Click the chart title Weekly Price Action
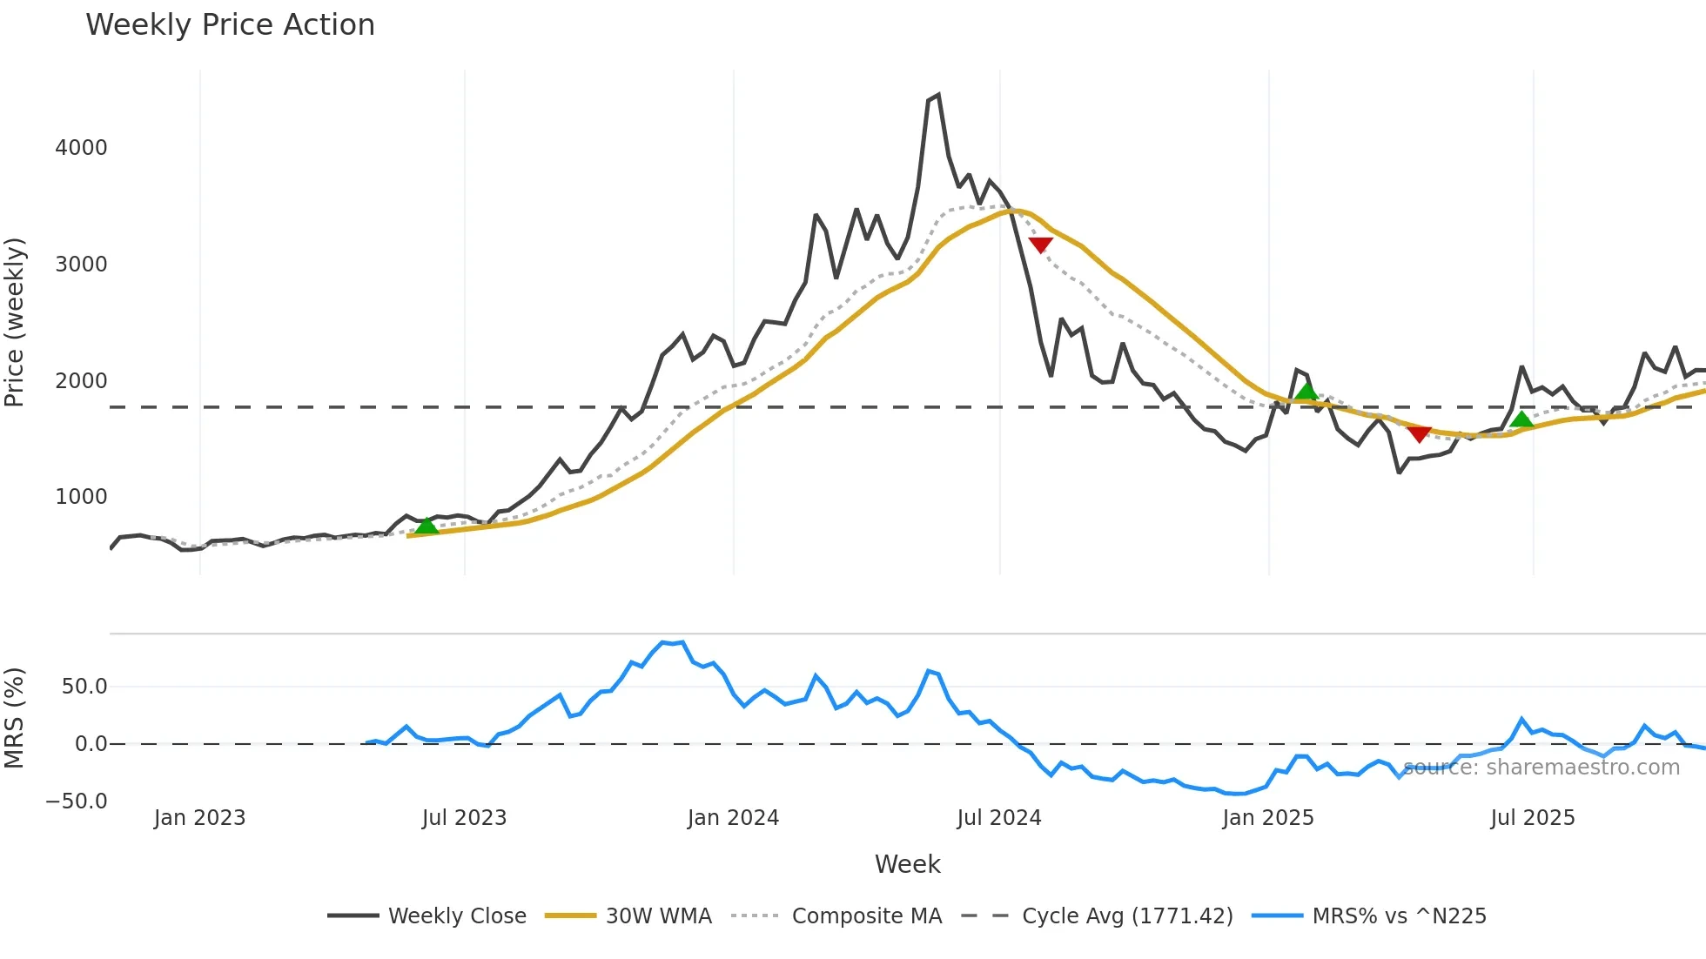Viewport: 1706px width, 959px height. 230,25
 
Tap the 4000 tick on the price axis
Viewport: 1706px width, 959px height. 81,148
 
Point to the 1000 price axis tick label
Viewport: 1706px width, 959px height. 81,497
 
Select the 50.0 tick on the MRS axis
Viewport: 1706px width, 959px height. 84,687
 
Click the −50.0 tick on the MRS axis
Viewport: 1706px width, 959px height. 77,801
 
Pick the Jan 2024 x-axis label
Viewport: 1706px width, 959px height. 733,818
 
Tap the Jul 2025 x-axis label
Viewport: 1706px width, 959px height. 1533,818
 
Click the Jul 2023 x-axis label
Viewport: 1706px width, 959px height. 464,818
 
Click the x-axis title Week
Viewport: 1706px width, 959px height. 907,864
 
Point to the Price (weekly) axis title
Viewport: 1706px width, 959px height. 15,322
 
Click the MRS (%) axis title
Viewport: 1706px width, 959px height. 15,718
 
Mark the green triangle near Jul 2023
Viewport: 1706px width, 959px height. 426,526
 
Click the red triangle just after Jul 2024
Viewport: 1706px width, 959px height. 1040,245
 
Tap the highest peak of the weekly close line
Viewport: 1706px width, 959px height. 937,96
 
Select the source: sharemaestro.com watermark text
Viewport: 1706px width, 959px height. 1541,768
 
